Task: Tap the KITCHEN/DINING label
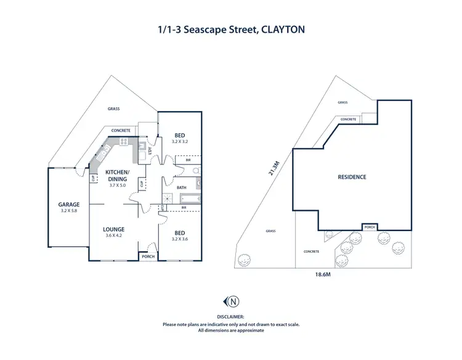pos(117,175)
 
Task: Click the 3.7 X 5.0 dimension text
pos(117,185)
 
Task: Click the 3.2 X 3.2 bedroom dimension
pos(180,142)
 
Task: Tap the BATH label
pos(181,187)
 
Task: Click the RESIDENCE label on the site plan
pos(352,177)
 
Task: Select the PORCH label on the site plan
pos(370,226)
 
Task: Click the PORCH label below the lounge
pos(148,256)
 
